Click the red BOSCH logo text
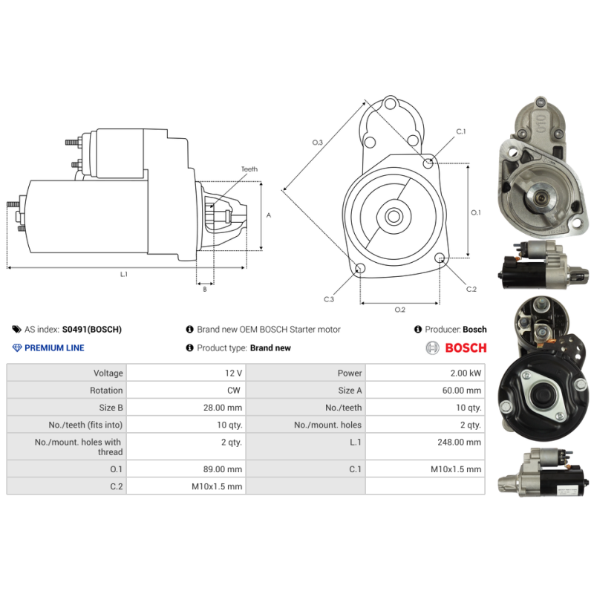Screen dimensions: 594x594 pyautogui.click(x=466, y=347)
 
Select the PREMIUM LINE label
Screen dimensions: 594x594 pyautogui.click(x=54, y=347)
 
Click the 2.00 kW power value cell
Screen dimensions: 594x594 pyautogui.click(x=466, y=373)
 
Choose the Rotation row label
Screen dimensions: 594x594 pyautogui.click(x=106, y=391)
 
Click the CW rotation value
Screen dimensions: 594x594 pyautogui.click(x=235, y=391)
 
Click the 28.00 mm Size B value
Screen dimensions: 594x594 pyautogui.click(x=224, y=408)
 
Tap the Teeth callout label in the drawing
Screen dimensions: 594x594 pyautogui.click(x=249, y=169)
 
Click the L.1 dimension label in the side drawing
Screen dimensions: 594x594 pyautogui.click(x=124, y=274)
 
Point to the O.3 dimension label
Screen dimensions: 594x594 pyautogui.click(x=317, y=142)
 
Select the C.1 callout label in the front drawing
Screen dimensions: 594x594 pyautogui.click(x=460, y=131)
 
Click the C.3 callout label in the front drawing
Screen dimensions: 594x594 pyautogui.click(x=329, y=299)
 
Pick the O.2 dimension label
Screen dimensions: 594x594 pyautogui.click(x=399, y=309)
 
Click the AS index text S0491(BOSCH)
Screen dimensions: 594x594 pyautogui.click(x=91, y=330)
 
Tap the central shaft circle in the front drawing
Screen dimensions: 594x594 pyautogui.click(x=393, y=216)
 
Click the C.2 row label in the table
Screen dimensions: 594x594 pyautogui.click(x=112, y=486)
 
